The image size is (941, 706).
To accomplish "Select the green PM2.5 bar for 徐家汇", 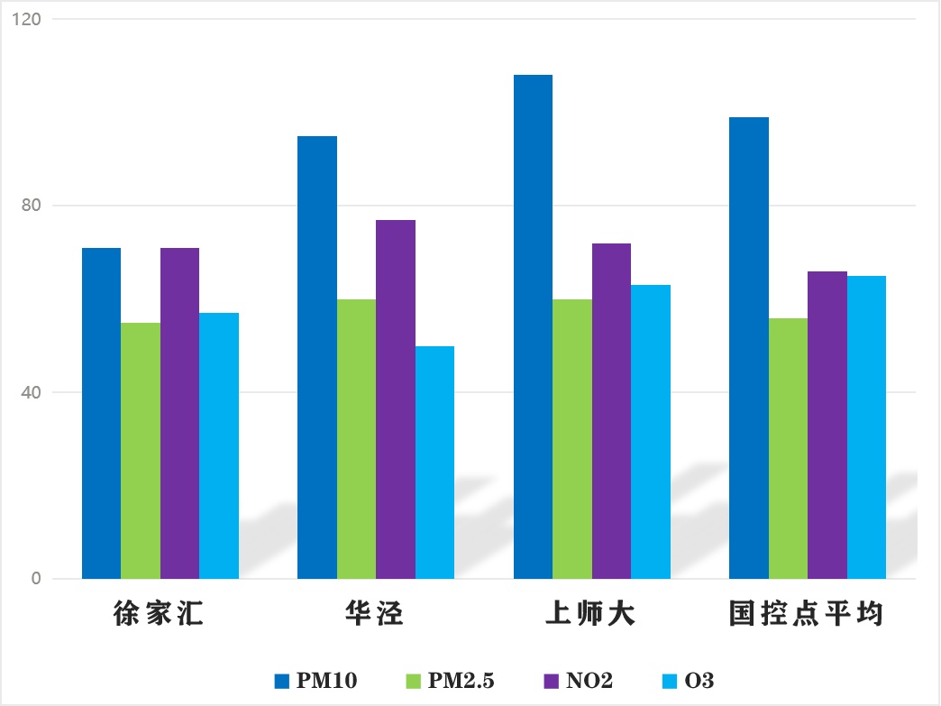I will (x=141, y=451).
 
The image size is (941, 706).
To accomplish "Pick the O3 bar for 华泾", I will (x=434, y=462).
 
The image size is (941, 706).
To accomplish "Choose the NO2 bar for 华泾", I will (x=396, y=399).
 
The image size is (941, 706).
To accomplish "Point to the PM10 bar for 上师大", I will (x=533, y=326).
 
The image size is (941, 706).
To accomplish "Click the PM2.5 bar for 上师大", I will (x=572, y=438).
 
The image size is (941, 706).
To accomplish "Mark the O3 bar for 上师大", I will (x=651, y=431).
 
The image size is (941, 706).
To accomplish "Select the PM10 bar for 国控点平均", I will (x=748, y=348).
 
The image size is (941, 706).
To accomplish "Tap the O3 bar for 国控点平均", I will (x=866, y=426).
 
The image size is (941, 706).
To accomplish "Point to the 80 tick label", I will (x=32, y=206).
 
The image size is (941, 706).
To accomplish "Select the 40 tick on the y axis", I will (x=32, y=392).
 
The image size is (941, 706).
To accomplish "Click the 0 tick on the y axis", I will (x=36, y=579).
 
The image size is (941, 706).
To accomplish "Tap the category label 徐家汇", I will (x=160, y=616).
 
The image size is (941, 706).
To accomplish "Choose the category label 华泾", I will (x=375, y=616).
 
